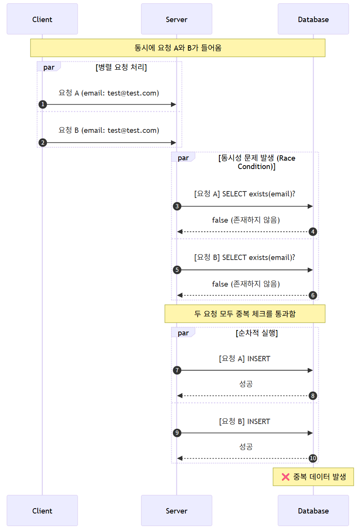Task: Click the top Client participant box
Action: [42, 19]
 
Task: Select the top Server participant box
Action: [176, 19]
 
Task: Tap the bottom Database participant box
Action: [313, 510]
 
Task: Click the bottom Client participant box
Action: [42, 510]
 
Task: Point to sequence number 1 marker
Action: [43, 104]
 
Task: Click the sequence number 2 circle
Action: [43, 143]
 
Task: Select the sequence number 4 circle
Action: [313, 232]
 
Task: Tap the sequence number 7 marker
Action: [177, 370]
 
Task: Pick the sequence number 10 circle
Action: [313, 458]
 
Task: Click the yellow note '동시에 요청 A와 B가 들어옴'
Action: [178, 48]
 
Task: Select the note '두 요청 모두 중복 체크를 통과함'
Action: [245, 314]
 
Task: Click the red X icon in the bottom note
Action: [286, 477]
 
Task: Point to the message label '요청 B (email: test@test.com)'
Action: [109, 130]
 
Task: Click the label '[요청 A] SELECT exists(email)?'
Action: [244, 194]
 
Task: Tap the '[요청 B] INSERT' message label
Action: [244, 421]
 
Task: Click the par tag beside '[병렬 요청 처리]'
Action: [49, 67]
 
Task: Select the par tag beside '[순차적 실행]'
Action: [183, 333]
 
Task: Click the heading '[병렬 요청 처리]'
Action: [121, 67]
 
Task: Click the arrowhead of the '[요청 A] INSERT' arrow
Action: [310, 370]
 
